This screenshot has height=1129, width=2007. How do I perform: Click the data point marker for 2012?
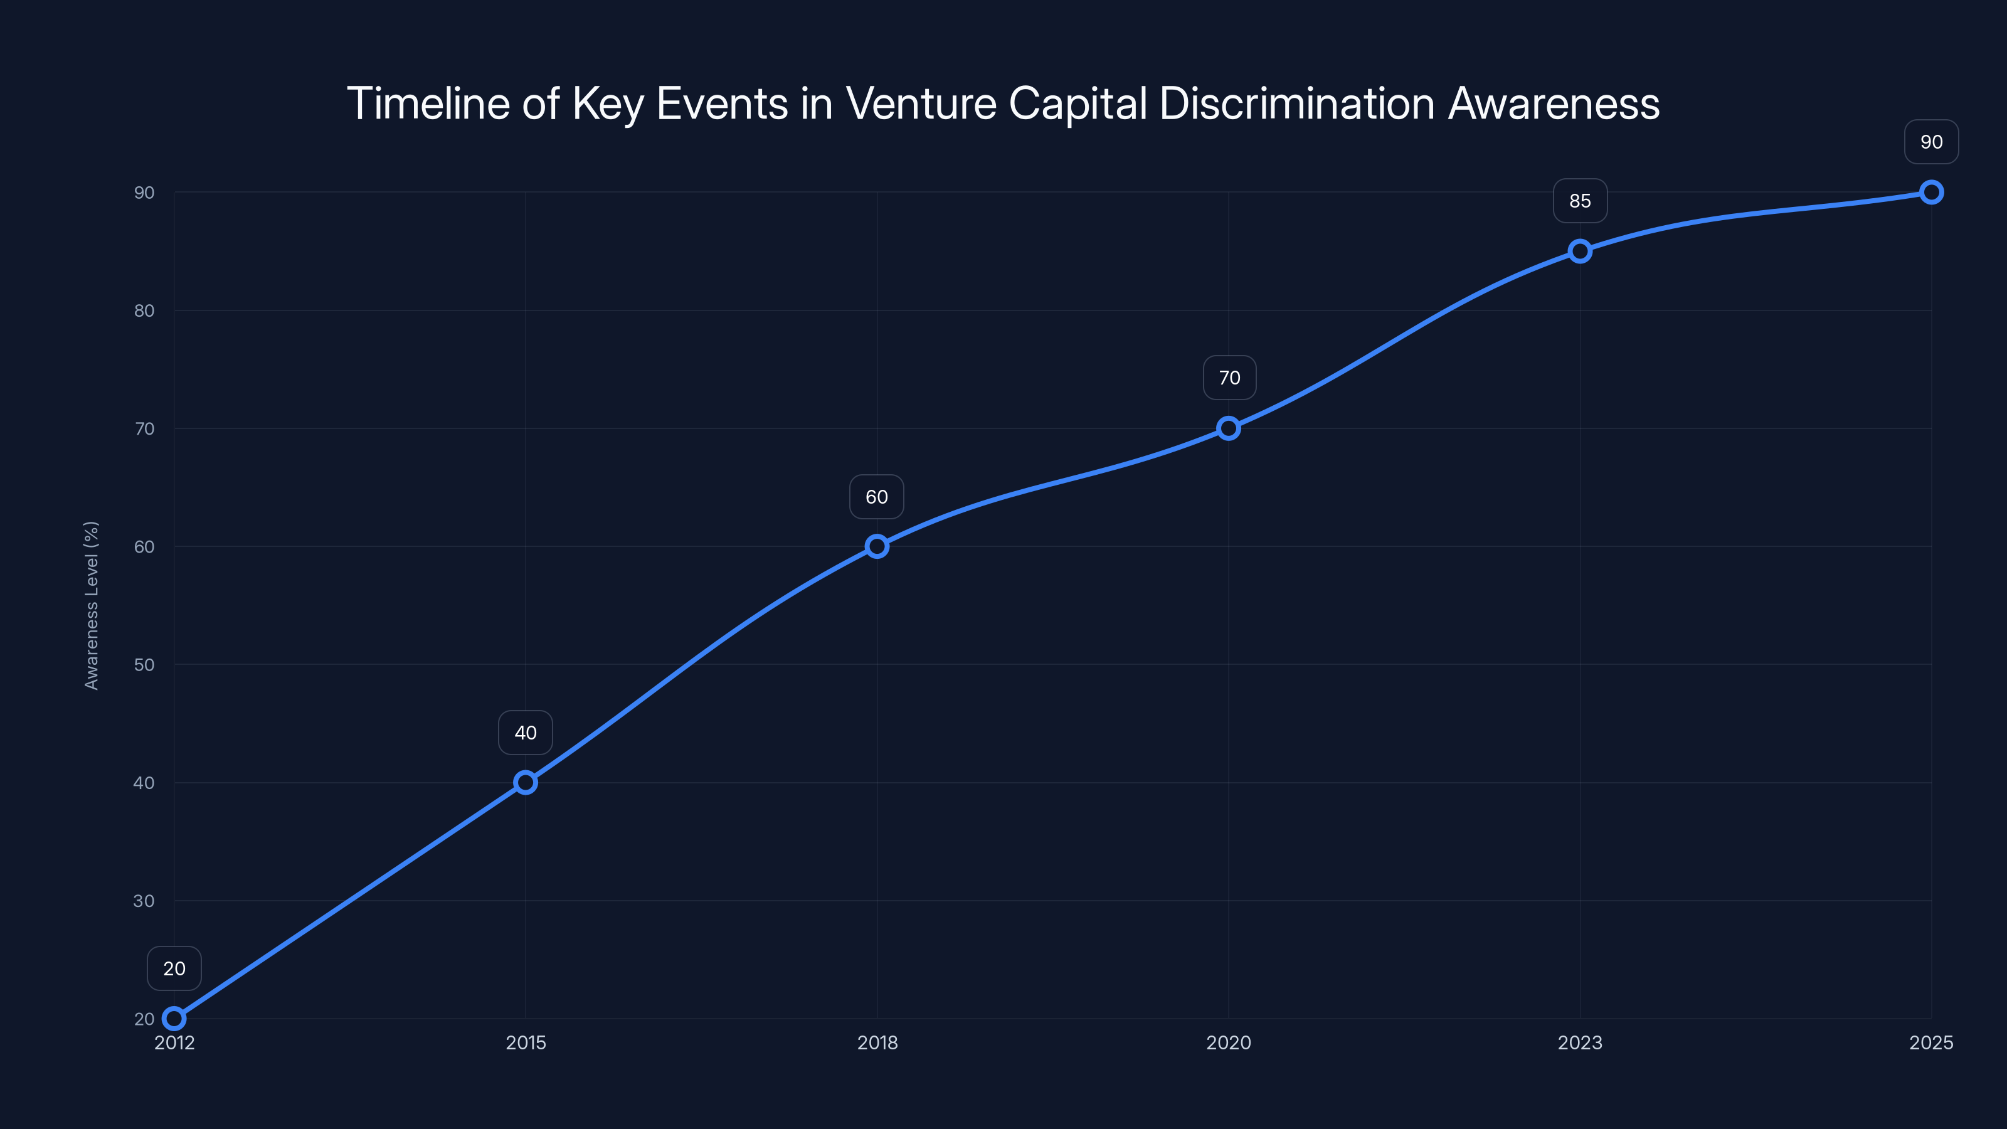pos(174,1019)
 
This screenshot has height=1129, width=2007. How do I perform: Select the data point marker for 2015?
pos(526,782)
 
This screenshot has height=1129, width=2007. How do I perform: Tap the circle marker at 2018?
pos(877,546)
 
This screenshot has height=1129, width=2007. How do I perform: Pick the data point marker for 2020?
pos(1229,428)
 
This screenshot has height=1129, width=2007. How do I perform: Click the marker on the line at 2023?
pos(1580,251)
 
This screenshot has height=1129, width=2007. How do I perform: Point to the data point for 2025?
pos(1932,192)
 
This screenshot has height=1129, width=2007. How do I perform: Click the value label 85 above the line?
pos(1580,201)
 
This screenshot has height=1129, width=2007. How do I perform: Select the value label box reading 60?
pos(877,497)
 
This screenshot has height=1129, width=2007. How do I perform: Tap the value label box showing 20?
pos(174,968)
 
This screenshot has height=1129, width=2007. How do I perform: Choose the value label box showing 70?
pos(1229,378)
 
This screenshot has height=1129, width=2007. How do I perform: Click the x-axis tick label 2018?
pos(877,1042)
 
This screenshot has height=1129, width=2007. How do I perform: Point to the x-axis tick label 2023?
pos(1580,1042)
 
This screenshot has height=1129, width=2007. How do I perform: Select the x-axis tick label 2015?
pos(526,1042)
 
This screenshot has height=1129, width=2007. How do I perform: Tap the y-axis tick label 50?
pos(144,665)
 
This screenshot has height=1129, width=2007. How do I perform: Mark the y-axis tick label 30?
pos(144,901)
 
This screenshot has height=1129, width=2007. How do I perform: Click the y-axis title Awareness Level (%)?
pos(92,605)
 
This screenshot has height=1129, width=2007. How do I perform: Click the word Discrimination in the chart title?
pos(1296,103)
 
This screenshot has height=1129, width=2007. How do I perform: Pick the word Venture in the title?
pos(921,103)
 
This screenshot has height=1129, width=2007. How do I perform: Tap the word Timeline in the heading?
pos(428,103)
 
